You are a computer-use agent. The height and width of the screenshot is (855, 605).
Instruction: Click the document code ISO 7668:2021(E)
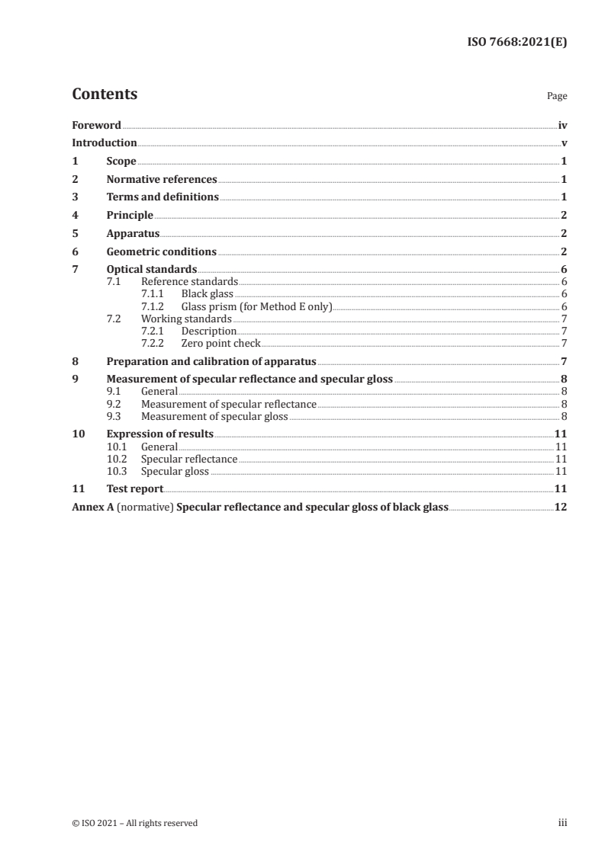[517, 43]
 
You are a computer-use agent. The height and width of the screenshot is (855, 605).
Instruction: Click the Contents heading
[105, 94]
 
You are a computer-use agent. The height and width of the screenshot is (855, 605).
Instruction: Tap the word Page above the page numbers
[557, 97]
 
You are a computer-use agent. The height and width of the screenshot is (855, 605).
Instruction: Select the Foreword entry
[96, 125]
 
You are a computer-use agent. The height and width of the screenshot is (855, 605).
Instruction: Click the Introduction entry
[105, 143]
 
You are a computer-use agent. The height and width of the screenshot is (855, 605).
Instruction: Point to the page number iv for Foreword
[562, 125]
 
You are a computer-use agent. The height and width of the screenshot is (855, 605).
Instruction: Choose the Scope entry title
[121, 162]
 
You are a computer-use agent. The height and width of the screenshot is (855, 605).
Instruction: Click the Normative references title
[162, 180]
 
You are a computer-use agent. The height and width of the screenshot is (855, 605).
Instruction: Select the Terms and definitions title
[163, 197]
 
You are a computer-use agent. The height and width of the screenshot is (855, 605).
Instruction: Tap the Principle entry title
[130, 216]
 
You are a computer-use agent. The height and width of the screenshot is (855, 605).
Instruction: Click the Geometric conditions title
[162, 251]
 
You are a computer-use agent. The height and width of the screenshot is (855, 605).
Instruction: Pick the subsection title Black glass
[207, 293]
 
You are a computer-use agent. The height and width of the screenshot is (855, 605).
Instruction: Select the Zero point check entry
[220, 344]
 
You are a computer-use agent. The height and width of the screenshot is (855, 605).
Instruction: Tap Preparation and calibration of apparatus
[211, 362]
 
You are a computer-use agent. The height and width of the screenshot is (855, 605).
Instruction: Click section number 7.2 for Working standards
[114, 319]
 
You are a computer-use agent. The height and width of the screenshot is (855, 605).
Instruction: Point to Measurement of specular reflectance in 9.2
[229, 405]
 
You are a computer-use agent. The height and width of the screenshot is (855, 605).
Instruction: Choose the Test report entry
[135, 488]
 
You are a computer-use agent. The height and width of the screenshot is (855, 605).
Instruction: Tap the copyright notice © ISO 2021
[134, 823]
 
